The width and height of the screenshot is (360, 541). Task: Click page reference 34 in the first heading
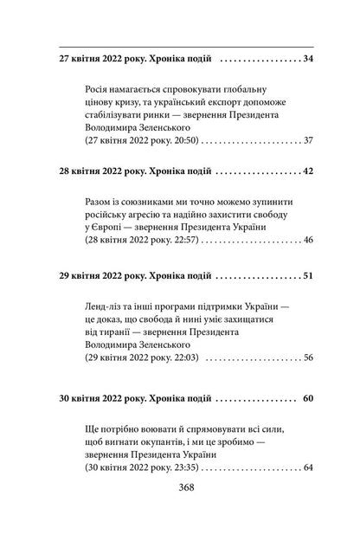coord(308,58)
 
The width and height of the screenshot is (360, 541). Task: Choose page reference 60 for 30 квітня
coord(308,402)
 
